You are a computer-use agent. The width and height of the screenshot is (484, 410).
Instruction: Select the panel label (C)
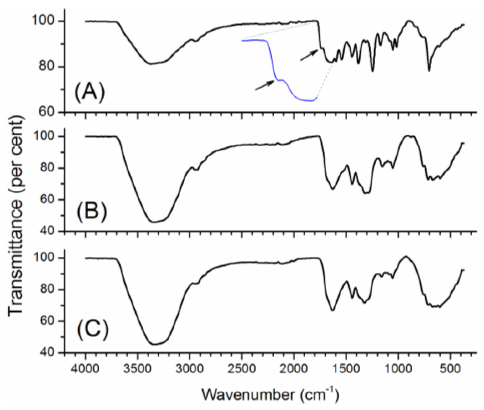92,331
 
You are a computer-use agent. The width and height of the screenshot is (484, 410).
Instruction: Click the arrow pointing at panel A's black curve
309,55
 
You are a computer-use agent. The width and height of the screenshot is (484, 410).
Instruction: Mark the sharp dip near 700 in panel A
429,70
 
